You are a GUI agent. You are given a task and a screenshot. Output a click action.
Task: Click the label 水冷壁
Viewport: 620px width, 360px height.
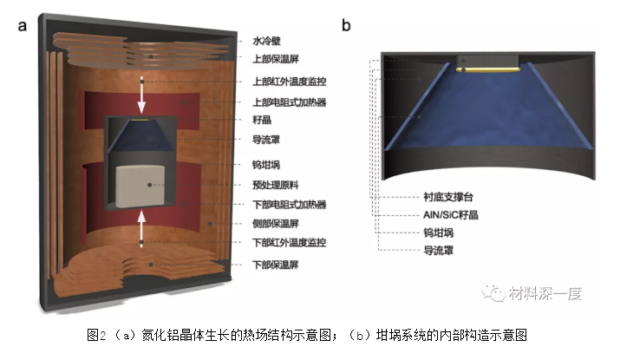[x=266, y=41]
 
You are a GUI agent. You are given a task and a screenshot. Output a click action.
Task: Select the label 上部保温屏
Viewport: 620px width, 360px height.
[x=276, y=59]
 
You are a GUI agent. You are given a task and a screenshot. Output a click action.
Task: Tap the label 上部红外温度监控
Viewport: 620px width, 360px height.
[x=290, y=82]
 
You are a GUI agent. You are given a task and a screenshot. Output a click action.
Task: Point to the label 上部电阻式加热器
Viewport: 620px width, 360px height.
[x=290, y=102]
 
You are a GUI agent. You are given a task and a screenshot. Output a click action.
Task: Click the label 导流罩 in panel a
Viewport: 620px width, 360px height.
[x=266, y=140]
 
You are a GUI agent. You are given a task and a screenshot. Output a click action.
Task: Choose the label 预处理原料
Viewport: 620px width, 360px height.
[x=276, y=185]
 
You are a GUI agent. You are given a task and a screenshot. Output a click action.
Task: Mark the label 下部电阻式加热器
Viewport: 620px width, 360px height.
[x=290, y=205]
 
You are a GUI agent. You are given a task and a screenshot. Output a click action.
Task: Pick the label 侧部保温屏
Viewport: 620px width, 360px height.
[x=276, y=224]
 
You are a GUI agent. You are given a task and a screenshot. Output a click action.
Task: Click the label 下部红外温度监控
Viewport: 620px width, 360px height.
[x=290, y=243]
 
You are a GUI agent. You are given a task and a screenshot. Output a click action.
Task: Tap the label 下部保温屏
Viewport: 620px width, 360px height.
[x=276, y=265]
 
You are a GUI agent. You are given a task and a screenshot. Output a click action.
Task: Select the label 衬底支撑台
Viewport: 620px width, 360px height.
[x=448, y=197]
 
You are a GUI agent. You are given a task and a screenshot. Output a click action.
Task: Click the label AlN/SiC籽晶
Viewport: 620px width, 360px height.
[x=451, y=215]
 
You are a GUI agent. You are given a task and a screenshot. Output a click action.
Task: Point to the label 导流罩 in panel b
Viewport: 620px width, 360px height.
[x=439, y=251]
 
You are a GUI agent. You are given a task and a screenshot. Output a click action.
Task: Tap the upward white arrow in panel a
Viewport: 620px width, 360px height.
[x=141, y=229]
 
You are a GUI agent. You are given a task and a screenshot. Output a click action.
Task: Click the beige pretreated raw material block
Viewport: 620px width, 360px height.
[x=140, y=187]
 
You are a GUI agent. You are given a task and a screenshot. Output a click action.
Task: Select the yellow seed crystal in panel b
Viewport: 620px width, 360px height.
[x=487, y=69]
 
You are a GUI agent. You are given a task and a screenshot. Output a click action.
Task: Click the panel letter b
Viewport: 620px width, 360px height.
[x=346, y=25]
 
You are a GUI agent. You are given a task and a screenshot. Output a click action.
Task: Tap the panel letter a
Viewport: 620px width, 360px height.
[x=23, y=26]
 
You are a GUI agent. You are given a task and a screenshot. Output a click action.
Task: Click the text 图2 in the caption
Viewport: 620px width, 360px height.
[x=96, y=336]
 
